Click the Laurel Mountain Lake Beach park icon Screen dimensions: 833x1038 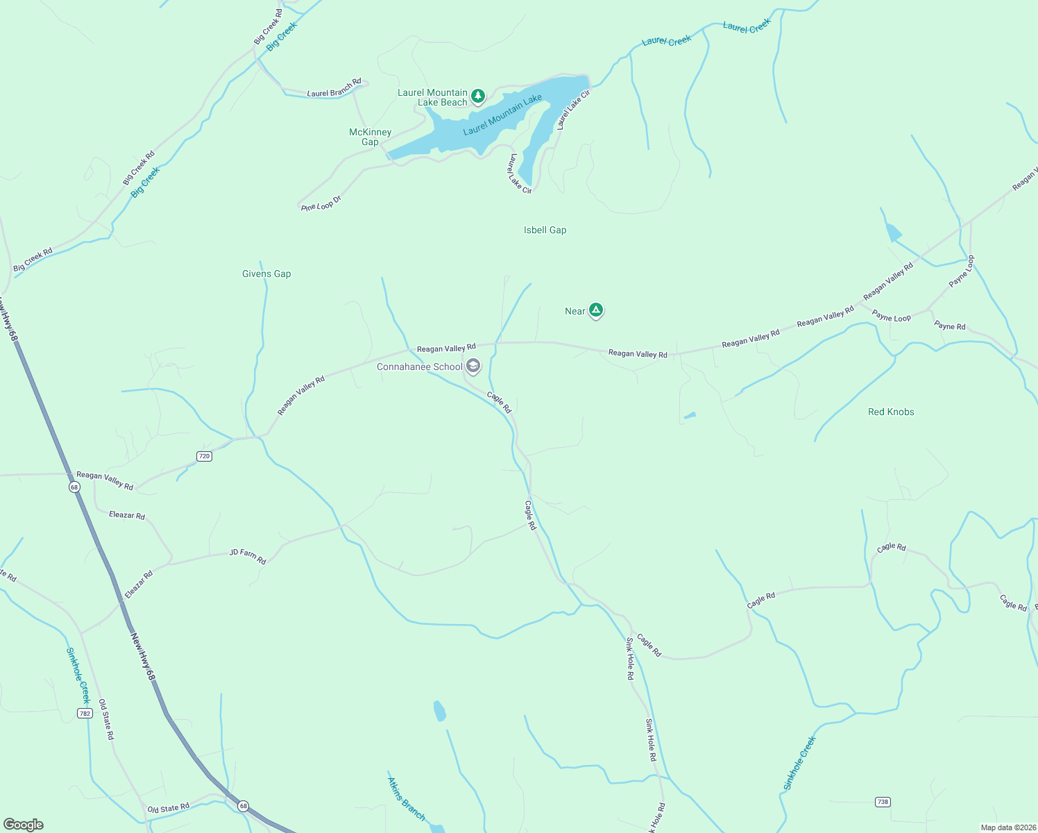pos(477,96)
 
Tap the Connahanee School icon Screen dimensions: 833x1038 pos(473,366)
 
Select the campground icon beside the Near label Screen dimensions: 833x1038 pos(595,310)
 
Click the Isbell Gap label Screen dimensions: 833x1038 pos(545,230)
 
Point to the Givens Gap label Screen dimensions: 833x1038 pos(266,274)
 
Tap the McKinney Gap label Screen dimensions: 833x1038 pos(370,137)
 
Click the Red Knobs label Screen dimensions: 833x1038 pos(891,412)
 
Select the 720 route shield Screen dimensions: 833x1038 pos(204,456)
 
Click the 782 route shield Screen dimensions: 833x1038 pos(85,713)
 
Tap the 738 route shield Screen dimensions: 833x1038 pos(882,802)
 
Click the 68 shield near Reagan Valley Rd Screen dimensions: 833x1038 pos(74,487)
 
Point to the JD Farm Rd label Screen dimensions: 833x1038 pos(248,556)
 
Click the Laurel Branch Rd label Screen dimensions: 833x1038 pos(334,88)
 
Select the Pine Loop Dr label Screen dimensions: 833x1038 pos(322,203)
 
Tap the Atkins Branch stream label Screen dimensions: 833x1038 pos(406,799)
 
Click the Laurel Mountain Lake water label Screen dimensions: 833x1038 pos(502,115)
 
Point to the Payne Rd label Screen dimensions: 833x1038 pos(949,326)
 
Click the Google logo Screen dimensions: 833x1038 pos(23,825)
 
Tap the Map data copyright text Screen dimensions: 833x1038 pos(1007,827)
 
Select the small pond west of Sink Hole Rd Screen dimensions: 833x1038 pos(439,711)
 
